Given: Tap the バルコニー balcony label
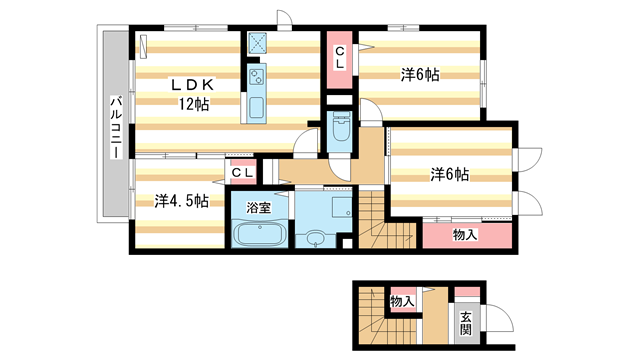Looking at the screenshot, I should click(116, 128).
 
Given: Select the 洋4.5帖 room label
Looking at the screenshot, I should click(181, 201).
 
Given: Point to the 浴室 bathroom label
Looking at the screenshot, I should click(260, 209).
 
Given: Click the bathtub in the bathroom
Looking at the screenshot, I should click(259, 236).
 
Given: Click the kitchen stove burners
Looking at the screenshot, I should click(256, 75).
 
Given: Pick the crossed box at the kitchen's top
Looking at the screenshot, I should click(257, 43).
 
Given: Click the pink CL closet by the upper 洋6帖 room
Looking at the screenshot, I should click(340, 58).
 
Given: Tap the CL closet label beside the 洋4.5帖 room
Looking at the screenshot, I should click(243, 173).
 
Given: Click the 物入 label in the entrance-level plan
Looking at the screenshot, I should click(402, 301).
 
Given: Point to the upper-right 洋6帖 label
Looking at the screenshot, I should click(421, 74).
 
